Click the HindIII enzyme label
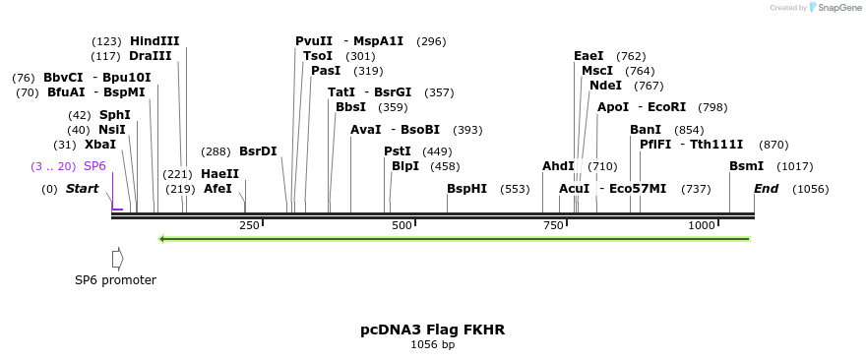coord(155,41)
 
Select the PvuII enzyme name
coord(314,41)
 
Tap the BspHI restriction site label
coord(466,189)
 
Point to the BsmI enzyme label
coord(746,166)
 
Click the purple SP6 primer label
coord(94,166)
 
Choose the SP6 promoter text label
coord(115,280)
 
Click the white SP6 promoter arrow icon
coord(117,259)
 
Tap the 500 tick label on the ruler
coord(402,226)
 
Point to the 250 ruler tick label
coord(249,226)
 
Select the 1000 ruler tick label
coord(701,226)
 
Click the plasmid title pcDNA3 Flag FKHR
coord(432,330)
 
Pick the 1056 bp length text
coord(432,345)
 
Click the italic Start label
coord(82,189)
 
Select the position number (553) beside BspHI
coord(515,189)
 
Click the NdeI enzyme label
coord(605,86)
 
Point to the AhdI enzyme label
coord(558,166)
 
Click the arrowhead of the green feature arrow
coord(163,238)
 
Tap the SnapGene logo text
coord(835,8)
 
